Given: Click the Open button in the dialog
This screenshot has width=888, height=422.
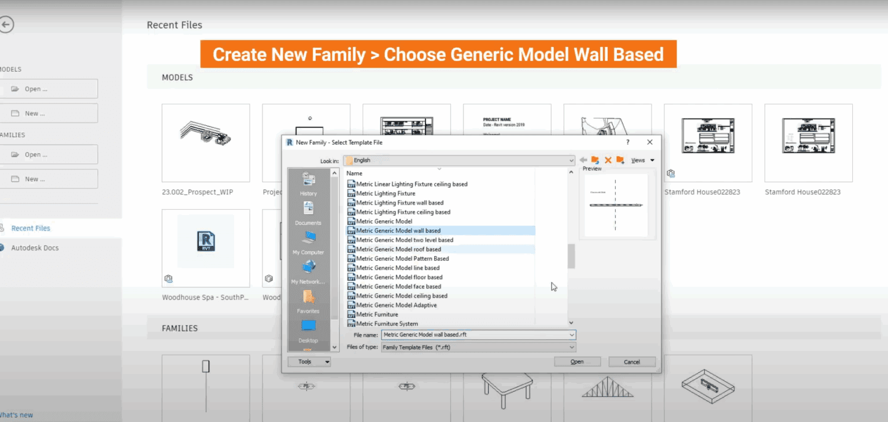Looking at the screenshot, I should (577, 362).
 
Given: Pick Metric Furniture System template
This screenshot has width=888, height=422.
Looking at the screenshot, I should (387, 324).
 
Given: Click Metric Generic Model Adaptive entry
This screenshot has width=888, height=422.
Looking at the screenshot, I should (396, 305).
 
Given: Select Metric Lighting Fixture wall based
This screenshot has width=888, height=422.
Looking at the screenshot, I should (399, 203).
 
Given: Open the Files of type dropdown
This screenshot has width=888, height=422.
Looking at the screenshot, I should (478, 347).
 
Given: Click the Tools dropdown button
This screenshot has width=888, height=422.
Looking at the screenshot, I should (309, 362).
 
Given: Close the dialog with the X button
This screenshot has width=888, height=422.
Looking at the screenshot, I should (650, 142).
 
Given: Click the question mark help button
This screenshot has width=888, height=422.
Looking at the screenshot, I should (628, 142).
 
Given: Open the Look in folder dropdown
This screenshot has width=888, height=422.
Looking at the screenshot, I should (459, 160).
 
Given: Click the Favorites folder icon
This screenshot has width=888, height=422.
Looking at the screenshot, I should (309, 297).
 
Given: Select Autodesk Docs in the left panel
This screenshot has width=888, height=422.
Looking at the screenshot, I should (35, 248).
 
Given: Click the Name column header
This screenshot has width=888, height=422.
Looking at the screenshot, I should (354, 173).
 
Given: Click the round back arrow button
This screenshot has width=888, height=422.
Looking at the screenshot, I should (6, 24).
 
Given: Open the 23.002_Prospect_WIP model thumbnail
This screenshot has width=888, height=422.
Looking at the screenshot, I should (206, 143).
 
